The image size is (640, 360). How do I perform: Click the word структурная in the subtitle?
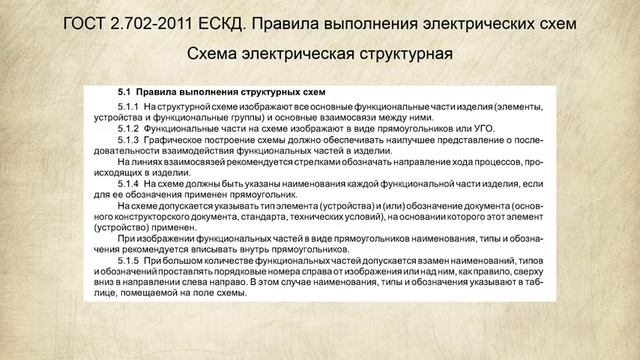click(403, 51)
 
